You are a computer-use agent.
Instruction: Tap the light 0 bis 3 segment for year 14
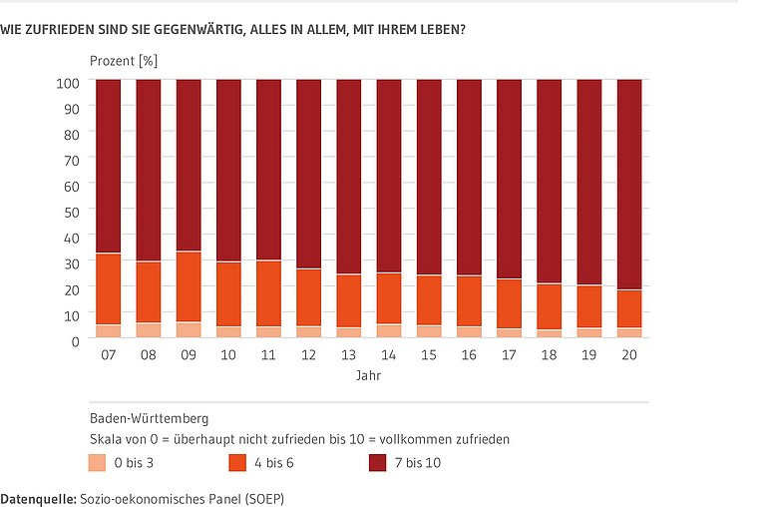389,331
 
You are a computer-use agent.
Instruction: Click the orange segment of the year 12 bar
308,297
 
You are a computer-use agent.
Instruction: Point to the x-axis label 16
469,354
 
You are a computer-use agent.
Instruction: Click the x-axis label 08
149,354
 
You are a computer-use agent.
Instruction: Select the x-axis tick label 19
588,354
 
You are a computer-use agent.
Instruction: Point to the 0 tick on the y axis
75,341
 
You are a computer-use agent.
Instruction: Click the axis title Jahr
368,377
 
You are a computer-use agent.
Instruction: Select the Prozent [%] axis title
124,61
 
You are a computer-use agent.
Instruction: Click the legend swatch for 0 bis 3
98,463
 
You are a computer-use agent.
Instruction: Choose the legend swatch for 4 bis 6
238,463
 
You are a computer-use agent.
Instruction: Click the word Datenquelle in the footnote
37,496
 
